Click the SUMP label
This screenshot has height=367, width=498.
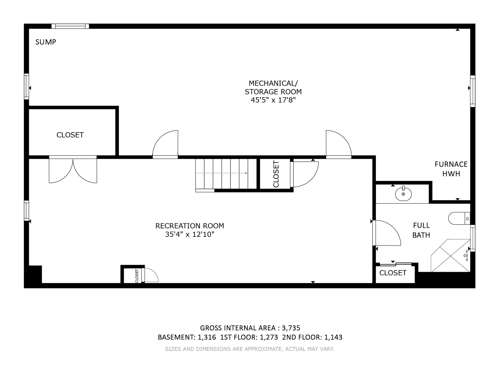(x=46, y=42)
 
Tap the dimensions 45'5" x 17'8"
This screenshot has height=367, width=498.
(x=273, y=100)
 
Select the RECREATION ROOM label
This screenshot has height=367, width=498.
(x=190, y=226)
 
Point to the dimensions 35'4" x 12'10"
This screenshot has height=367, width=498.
(x=190, y=234)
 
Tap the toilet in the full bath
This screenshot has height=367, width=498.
(x=459, y=218)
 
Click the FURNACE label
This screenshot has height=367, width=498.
(x=451, y=164)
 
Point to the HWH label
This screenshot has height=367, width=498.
(x=451, y=174)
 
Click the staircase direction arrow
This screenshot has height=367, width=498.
(x=222, y=173)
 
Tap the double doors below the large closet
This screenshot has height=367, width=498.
(x=73, y=169)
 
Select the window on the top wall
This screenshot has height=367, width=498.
(x=70, y=26)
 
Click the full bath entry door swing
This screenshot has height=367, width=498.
(x=387, y=233)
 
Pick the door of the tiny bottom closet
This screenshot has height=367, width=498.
(x=151, y=275)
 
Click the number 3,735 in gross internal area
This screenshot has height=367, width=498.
(x=291, y=328)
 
